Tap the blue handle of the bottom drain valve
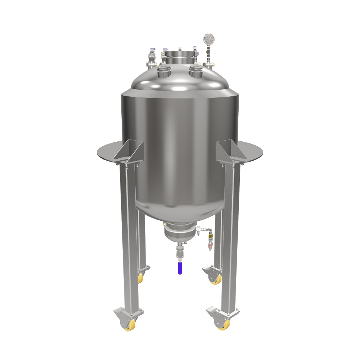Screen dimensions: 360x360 pyautogui.click(x=180, y=268)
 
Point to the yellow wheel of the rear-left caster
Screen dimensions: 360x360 pyautogui.click(x=141, y=278)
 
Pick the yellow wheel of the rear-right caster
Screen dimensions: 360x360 pyautogui.click(x=216, y=279)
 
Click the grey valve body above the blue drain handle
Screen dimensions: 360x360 pyautogui.click(x=180, y=252)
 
